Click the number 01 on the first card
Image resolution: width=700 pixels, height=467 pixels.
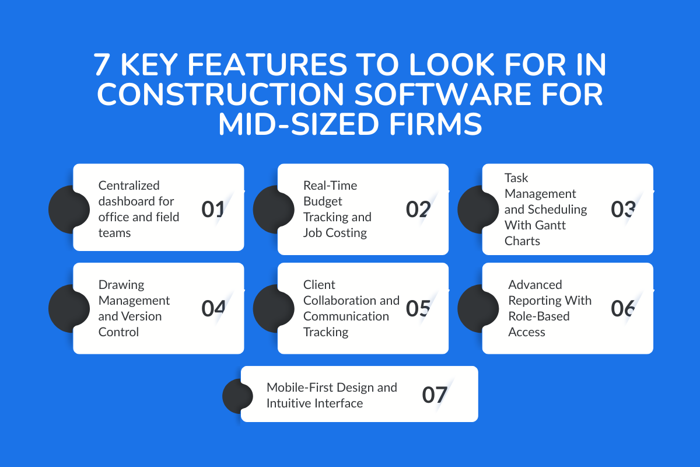click(x=213, y=209)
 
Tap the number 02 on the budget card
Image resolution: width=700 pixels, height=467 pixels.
click(x=418, y=209)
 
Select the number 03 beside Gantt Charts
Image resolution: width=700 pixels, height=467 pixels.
click(x=623, y=209)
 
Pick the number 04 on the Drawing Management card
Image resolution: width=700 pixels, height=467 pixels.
click(x=213, y=308)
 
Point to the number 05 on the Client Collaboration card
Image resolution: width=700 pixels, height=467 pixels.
click(x=418, y=308)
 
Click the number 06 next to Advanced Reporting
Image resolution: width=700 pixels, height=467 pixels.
click(x=623, y=308)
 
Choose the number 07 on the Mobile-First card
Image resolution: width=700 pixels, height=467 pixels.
click(x=435, y=395)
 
